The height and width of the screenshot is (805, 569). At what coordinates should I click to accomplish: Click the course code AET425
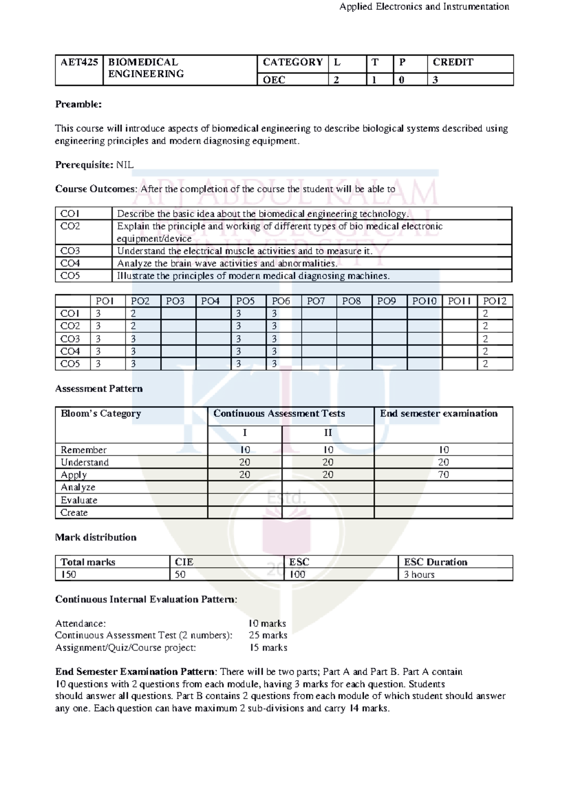pyautogui.click(x=79, y=62)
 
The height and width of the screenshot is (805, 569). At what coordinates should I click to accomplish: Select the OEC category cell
pyautogui.click(x=274, y=80)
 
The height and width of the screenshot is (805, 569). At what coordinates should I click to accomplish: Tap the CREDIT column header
pyautogui.click(x=453, y=62)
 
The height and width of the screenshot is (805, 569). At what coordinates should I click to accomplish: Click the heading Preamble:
pyautogui.click(x=78, y=104)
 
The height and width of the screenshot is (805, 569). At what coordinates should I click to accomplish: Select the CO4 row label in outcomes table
pyautogui.click(x=70, y=263)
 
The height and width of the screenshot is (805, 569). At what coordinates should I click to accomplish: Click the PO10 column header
pyautogui.click(x=424, y=301)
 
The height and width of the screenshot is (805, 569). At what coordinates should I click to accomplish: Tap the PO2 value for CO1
pyautogui.click(x=133, y=314)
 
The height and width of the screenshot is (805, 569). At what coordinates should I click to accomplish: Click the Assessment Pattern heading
pyautogui.click(x=99, y=389)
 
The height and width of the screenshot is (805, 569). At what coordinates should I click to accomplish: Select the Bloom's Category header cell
pyautogui.click(x=101, y=413)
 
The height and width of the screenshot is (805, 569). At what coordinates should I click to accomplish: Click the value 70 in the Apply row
pyautogui.click(x=443, y=475)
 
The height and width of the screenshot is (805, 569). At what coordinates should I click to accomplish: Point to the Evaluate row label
pyautogui.click(x=79, y=500)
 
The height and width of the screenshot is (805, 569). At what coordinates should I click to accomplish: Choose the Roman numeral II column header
pyautogui.click(x=328, y=433)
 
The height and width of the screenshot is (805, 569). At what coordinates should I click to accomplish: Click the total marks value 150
pyautogui.click(x=68, y=574)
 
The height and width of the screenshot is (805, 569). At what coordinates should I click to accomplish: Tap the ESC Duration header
pyautogui.click(x=435, y=562)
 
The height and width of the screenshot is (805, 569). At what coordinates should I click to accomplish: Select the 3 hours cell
pyautogui.click(x=419, y=574)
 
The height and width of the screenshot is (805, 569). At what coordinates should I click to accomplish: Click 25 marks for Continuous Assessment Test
pyautogui.click(x=268, y=636)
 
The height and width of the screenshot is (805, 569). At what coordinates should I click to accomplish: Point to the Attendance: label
pyautogui.click(x=81, y=623)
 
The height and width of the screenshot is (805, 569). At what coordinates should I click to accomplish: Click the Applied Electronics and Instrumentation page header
pyautogui.click(x=424, y=7)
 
